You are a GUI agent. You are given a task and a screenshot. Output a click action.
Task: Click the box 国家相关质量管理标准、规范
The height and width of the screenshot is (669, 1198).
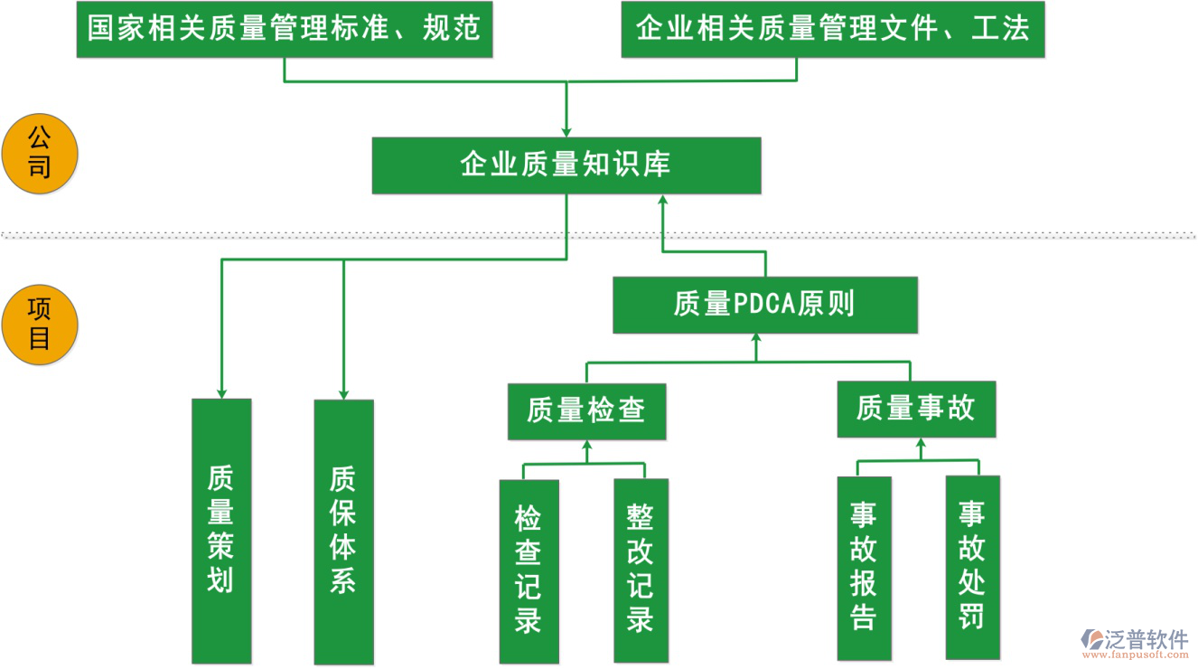(284, 30)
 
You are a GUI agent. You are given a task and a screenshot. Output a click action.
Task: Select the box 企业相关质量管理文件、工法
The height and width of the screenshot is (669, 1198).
(832, 30)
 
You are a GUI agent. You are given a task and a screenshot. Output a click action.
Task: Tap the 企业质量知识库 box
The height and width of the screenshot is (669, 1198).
(566, 165)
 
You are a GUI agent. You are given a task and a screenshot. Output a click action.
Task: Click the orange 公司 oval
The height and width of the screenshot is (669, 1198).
(40, 154)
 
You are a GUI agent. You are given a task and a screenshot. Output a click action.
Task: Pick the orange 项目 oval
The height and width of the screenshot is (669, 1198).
(40, 325)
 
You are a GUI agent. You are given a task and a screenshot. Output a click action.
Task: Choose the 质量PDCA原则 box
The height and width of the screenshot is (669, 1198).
(764, 305)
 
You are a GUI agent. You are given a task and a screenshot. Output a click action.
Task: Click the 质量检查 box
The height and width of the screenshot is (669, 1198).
(586, 411)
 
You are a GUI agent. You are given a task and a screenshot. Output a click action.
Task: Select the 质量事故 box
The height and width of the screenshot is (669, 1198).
(915, 410)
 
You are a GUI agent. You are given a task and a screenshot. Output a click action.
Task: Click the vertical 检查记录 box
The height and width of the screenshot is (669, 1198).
(529, 570)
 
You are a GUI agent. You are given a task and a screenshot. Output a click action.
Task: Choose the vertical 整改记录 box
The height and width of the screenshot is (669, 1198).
(641, 570)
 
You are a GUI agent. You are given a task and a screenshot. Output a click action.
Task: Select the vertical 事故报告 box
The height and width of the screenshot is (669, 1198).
(864, 568)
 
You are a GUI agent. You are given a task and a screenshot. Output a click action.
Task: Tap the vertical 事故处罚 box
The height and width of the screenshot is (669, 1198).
(972, 567)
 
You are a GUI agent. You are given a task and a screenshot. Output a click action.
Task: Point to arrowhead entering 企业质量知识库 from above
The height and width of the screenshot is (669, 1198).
(566, 132)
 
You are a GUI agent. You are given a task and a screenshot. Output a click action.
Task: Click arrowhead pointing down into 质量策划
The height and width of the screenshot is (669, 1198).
(221, 392)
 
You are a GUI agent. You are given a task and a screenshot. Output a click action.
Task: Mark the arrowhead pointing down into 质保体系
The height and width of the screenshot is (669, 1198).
(343, 392)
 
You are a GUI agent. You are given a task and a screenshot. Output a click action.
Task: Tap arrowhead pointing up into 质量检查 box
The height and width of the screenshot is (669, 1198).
(586, 446)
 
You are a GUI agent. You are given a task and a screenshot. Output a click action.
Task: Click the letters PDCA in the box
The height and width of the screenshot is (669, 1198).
(763, 305)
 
